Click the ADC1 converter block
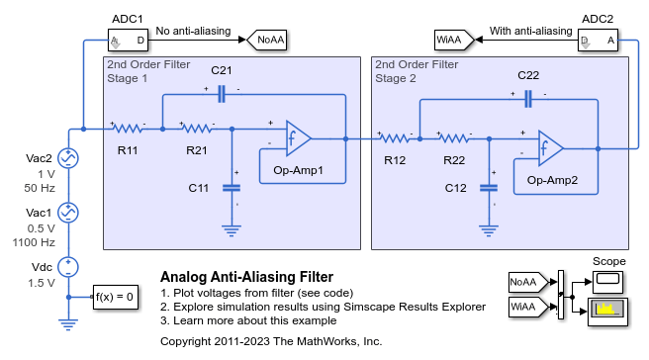(128, 41)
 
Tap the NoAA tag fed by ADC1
(267, 41)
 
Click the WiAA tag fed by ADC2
(450, 41)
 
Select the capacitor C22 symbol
(528, 97)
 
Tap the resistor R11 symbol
(128, 128)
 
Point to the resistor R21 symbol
(197, 128)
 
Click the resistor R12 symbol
(396, 138)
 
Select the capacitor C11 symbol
(232, 187)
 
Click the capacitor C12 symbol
(487, 187)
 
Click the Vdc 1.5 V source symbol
(68, 266)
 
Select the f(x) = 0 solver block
(114, 296)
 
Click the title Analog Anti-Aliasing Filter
(246, 277)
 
